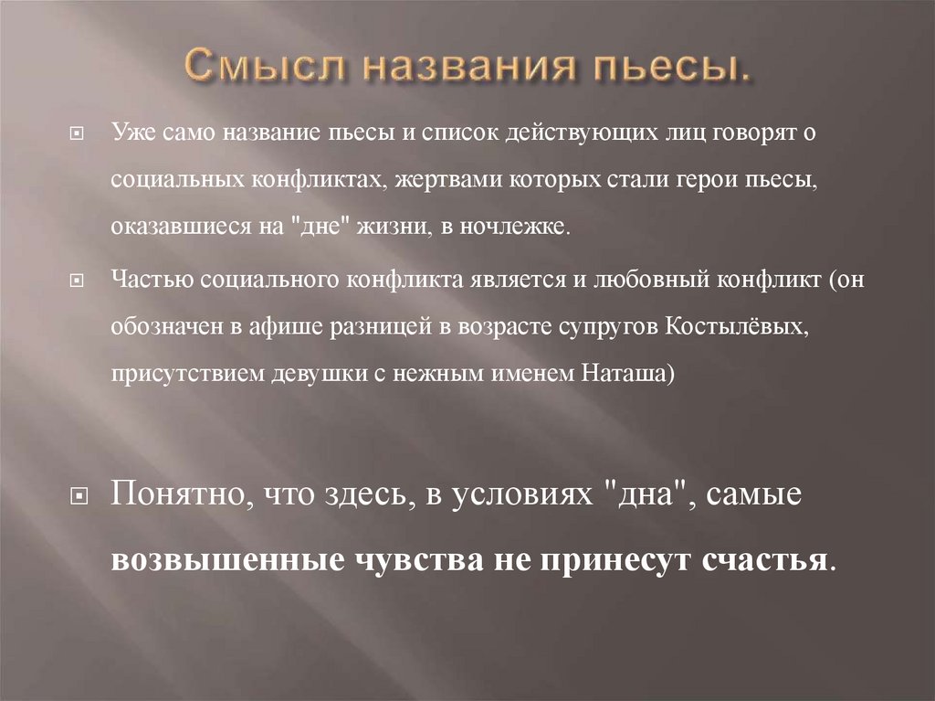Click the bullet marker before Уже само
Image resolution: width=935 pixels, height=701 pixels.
pyautogui.click(x=78, y=133)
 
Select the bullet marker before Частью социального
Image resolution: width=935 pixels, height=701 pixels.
pyautogui.click(x=78, y=281)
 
